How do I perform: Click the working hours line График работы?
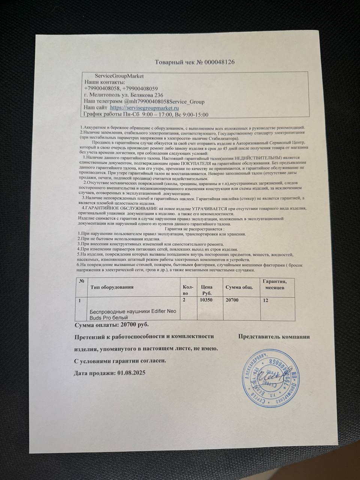coord(146,115)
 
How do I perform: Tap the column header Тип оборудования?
coord(112,287)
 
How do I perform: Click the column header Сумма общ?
coord(239,287)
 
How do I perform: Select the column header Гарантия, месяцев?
coord(274,284)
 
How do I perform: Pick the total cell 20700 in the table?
coord(231,300)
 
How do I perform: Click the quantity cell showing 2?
coord(184,300)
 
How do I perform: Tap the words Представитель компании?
coord(274,336)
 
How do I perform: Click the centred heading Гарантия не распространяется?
coord(194,229)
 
